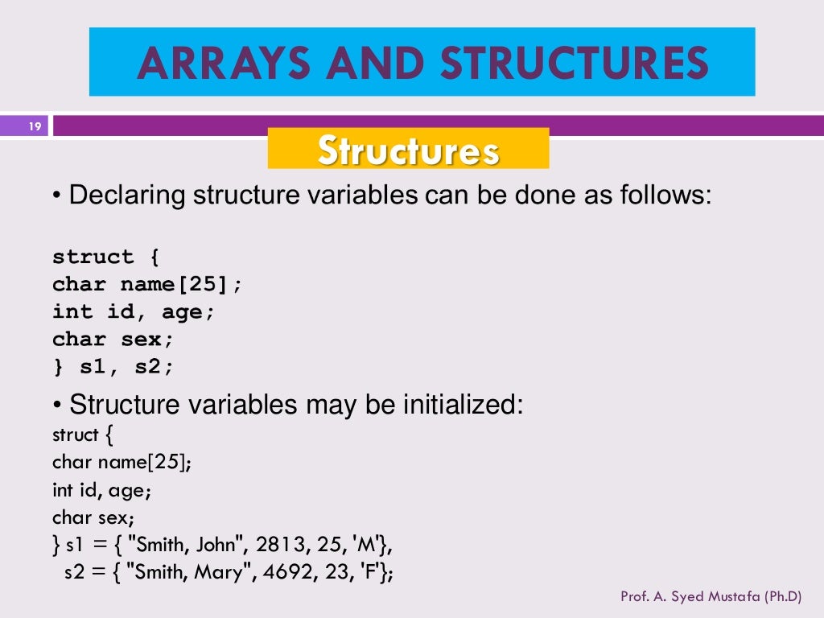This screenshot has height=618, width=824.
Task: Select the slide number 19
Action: [x=35, y=126]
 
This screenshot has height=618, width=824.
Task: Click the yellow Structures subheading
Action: [x=408, y=150]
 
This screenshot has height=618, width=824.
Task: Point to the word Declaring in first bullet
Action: [x=127, y=196]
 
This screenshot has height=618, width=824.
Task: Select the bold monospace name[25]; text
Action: [x=181, y=284]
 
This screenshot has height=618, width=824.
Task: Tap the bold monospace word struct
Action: [x=93, y=257]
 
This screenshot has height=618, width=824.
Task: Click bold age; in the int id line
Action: [x=188, y=311]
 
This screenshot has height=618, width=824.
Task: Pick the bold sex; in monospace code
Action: [x=147, y=339]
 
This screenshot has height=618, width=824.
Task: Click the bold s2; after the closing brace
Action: [x=154, y=366]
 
